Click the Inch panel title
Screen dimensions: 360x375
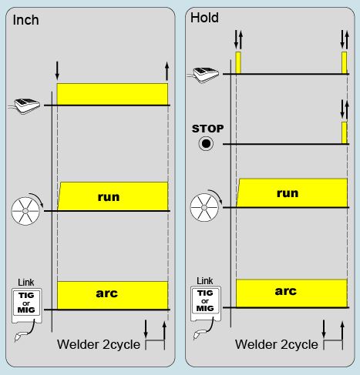click(x=25, y=20)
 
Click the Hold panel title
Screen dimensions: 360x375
click(x=204, y=18)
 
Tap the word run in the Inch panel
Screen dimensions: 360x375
click(x=109, y=197)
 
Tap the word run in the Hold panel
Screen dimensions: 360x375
click(x=288, y=193)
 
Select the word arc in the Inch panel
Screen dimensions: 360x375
click(x=107, y=293)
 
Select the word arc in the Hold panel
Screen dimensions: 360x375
click(x=286, y=291)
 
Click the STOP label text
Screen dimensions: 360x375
click(x=207, y=129)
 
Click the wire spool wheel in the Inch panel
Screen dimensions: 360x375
click(x=25, y=211)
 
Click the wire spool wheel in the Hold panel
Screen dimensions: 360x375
click(x=204, y=207)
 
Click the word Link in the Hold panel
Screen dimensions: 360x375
click(x=205, y=281)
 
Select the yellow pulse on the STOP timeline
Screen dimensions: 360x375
click(x=345, y=132)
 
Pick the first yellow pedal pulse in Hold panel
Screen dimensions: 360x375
click(x=238, y=63)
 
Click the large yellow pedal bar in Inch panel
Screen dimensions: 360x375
click(x=113, y=94)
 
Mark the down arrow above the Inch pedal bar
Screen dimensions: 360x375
click(x=57, y=70)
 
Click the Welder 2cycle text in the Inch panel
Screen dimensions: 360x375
click(x=99, y=344)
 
